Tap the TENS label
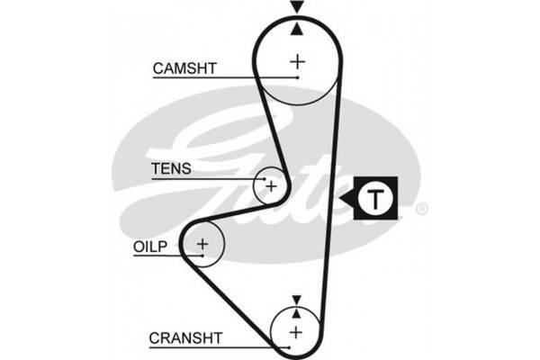(x=171, y=169)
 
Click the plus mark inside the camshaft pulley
(x=297, y=61)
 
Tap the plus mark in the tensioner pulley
(x=270, y=186)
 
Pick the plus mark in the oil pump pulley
(x=203, y=243)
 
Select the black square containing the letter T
(x=376, y=198)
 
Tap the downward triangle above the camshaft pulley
(x=297, y=8)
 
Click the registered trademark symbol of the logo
(x=422, y=210)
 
